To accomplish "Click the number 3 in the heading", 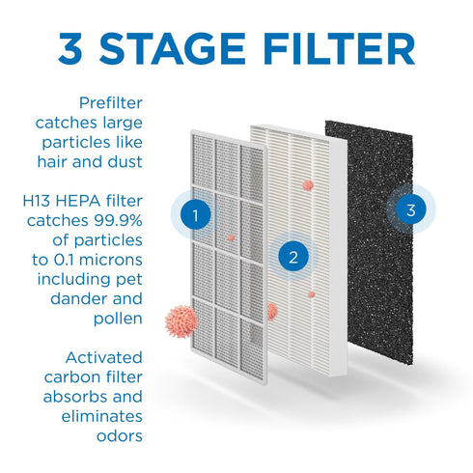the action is coord(70,49).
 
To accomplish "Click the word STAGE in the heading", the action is coord(173,48).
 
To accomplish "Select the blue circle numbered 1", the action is coord(195,214).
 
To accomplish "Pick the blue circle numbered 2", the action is coord(293,257).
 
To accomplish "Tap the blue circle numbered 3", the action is coord(411,209).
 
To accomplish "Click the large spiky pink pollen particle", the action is coord(181,321).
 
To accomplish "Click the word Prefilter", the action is coord(111,103).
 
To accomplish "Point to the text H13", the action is coord(37,201).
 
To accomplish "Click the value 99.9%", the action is coord(118,221).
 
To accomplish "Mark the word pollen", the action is coord(118,320).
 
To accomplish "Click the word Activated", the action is coord(103,357).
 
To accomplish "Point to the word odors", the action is coord(120,436).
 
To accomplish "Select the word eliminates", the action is coord(101,416).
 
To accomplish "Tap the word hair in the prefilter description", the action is coord(52,161).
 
